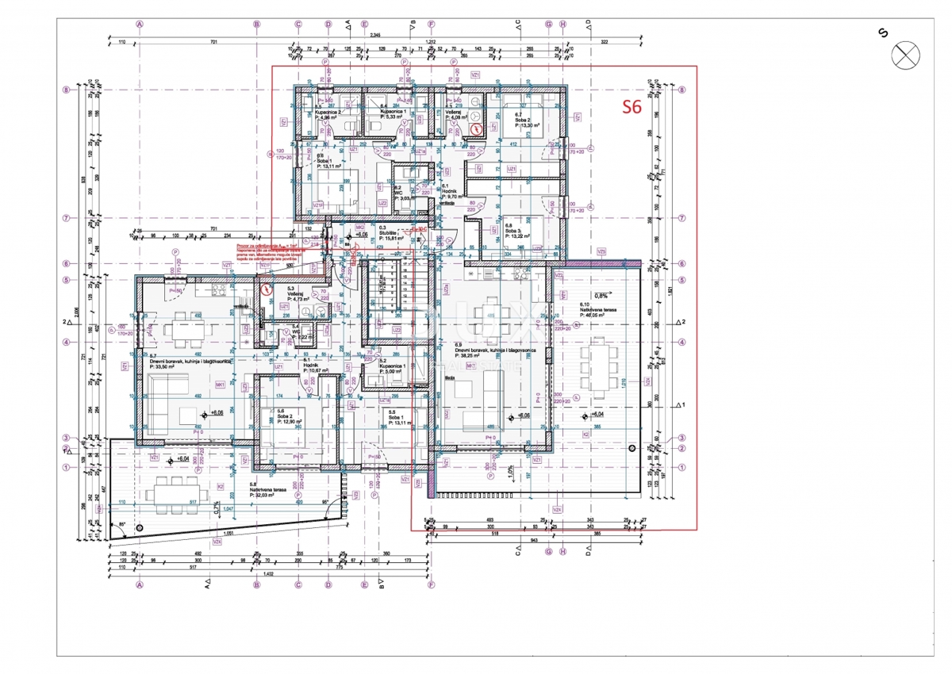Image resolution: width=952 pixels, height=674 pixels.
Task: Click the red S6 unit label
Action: pos(631,109)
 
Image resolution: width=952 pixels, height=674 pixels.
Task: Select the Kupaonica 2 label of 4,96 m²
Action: pos(328,114)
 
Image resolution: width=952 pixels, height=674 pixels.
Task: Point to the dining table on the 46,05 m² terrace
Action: pos(598,366)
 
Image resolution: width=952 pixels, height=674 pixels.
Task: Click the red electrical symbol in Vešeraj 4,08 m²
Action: pos(475,129)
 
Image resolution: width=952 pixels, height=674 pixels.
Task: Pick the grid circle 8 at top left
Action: pos(67,90)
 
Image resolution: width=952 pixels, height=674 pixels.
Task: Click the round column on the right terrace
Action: pos(632,450)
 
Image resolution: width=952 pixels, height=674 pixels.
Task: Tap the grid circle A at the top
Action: pos(140,24)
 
